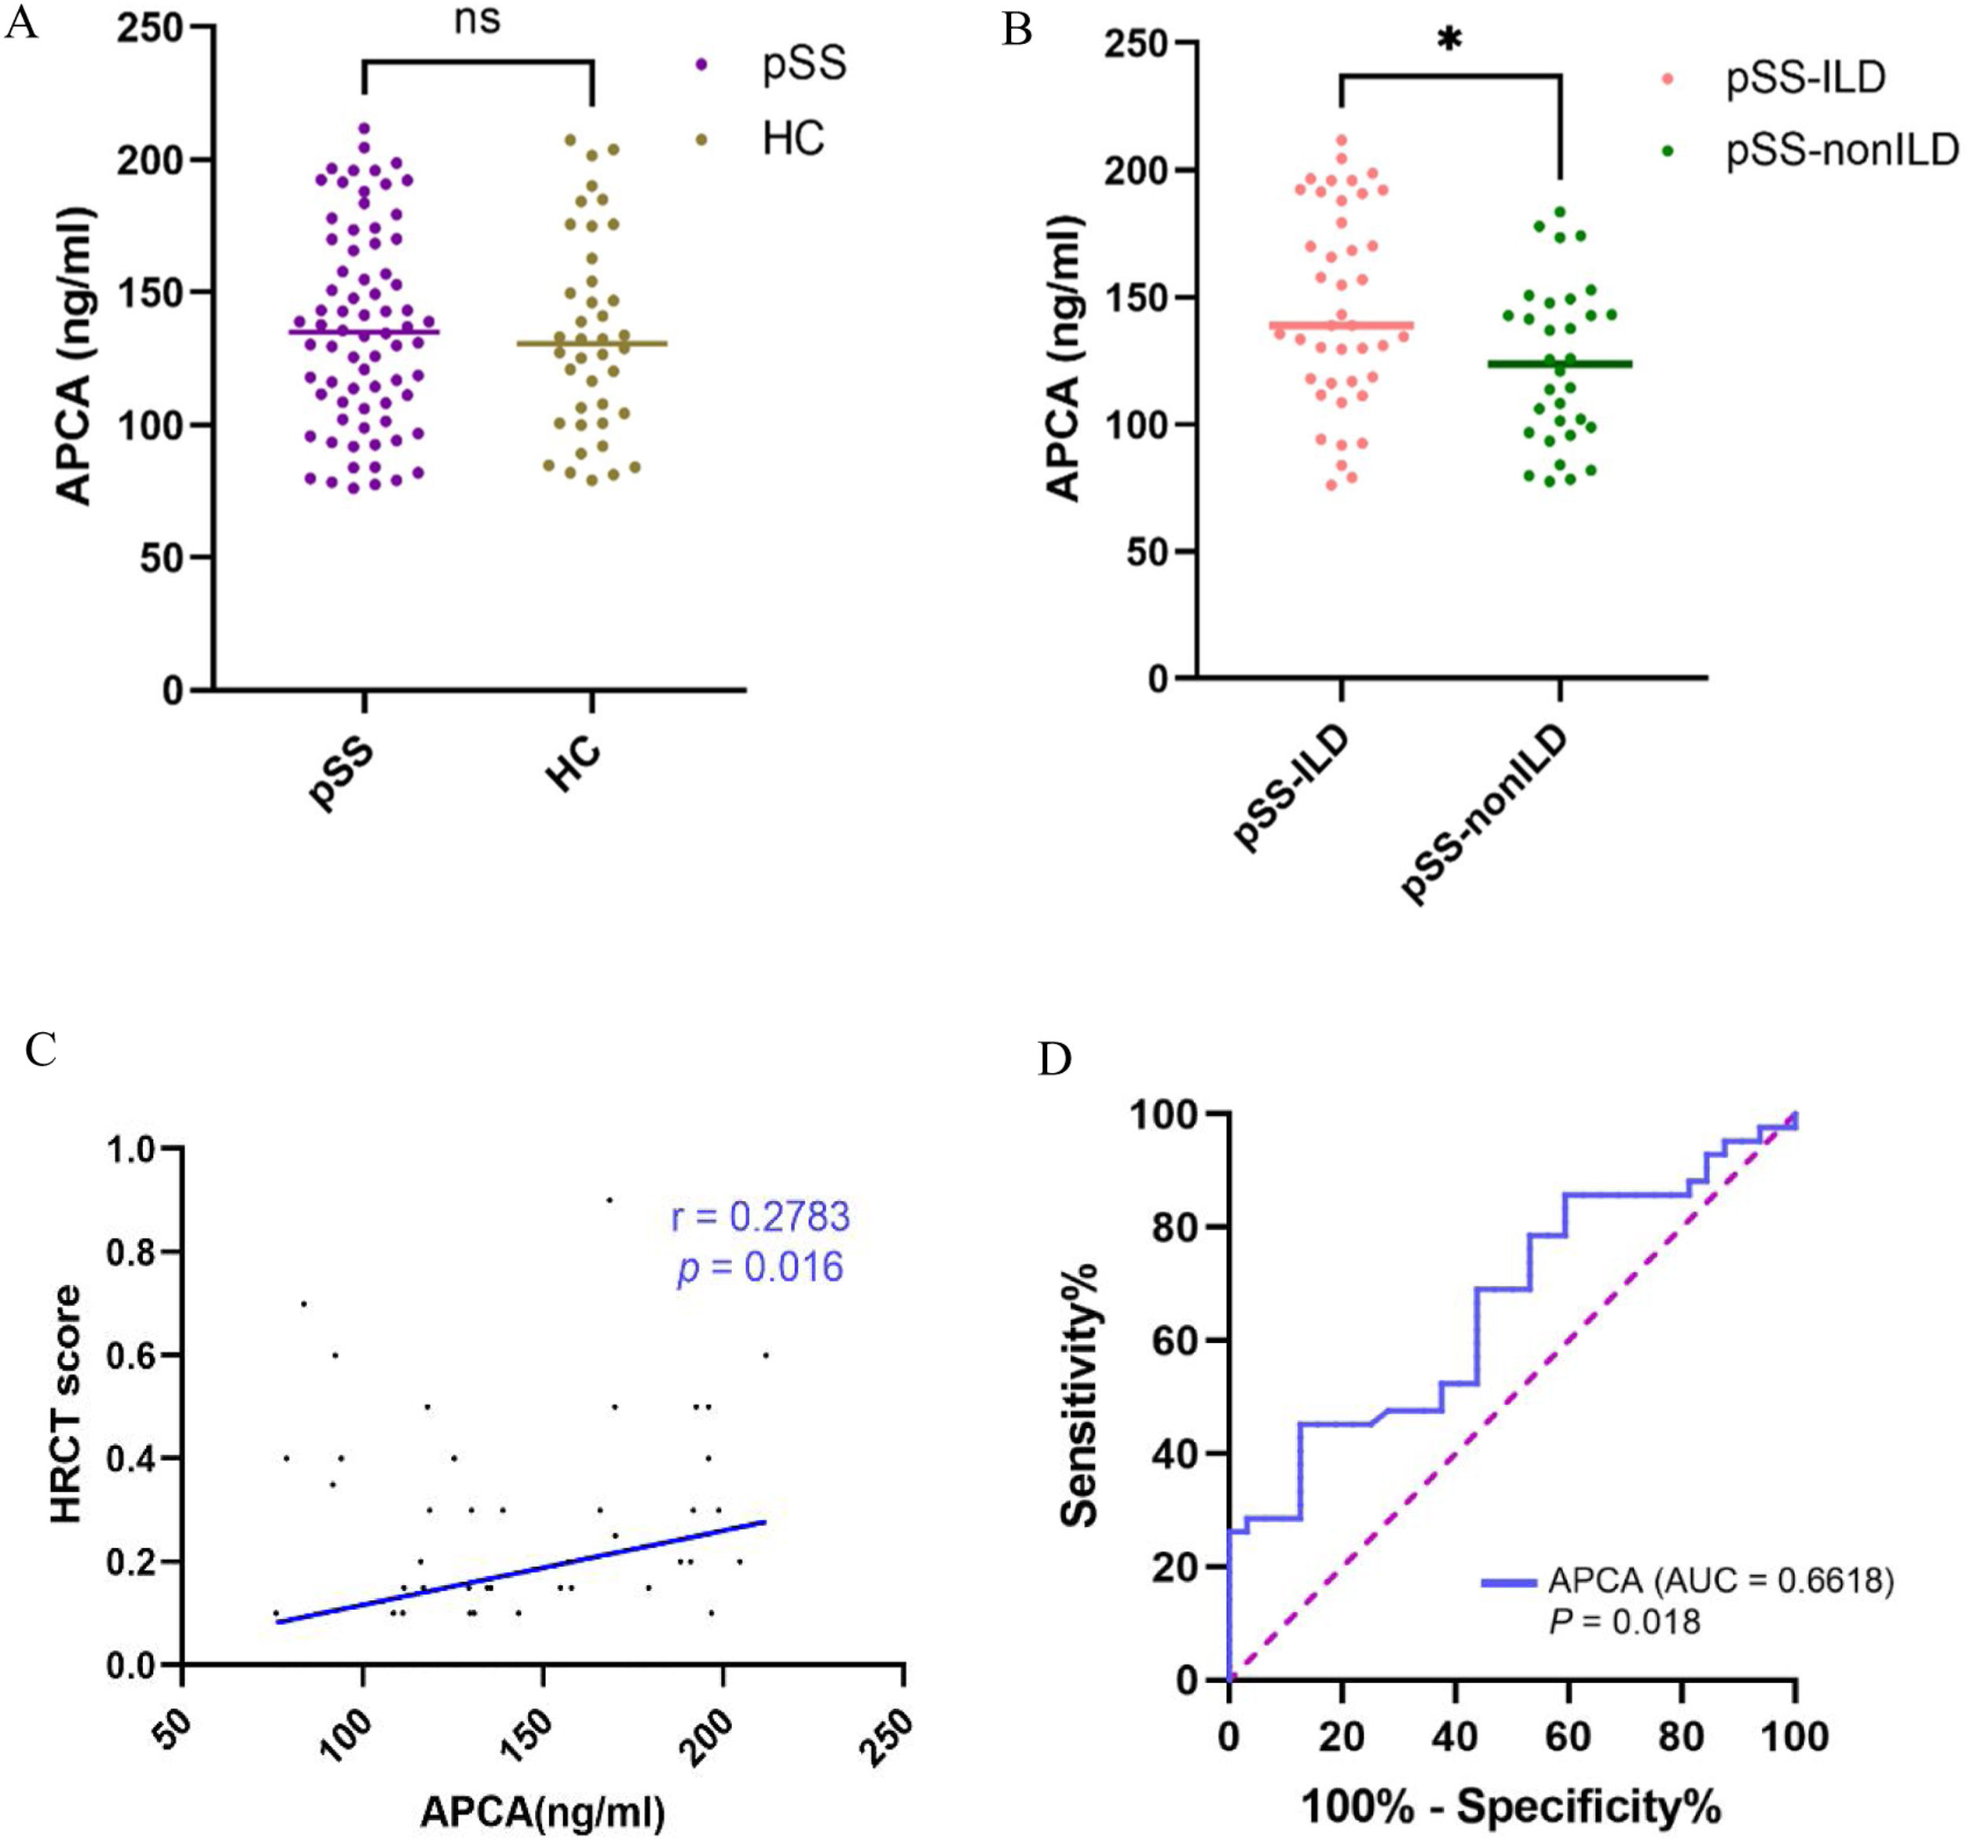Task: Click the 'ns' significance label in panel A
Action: [x=478, y=20]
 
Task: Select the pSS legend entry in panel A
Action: [x=804, y=64]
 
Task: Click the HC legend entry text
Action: [x=793, y=139]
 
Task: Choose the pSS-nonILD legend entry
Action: [x=1842, y=151]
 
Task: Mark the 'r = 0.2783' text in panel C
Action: [x=760, y=1217]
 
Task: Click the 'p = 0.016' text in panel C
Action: [x=760, y=1268]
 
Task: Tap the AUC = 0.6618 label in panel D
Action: [x=1720, y=1580]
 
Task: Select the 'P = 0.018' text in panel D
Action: [x=1625, y=1622]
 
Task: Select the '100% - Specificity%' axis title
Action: [x=1510, y=1806]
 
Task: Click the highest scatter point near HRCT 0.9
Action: [x=610, y=1200]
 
